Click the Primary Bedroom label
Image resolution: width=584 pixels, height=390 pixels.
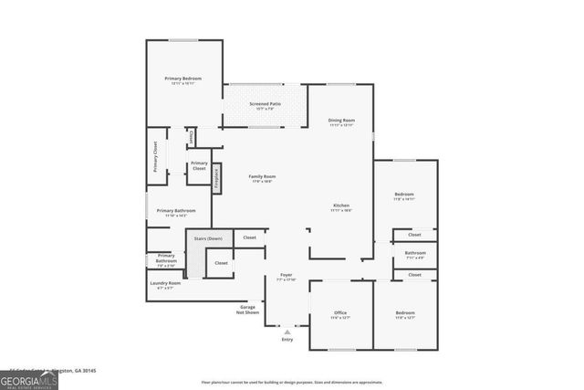point(183,79)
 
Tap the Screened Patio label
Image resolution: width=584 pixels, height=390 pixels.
point(265,105)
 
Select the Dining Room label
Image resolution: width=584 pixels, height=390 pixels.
point(341,121)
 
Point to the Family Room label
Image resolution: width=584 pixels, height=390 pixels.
point(263,177)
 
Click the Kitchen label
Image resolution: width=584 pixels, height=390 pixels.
point(341,206)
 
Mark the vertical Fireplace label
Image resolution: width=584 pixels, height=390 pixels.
point(216,178)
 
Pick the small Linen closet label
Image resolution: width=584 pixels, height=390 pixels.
point(191,137)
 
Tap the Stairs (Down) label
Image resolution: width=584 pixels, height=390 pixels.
point(208,238)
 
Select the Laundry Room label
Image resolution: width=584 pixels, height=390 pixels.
point(165,284)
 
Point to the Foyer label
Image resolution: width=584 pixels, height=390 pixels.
point(286,275)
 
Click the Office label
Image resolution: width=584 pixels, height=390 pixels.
point(340,313)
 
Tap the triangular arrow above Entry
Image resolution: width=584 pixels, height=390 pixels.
point(287,331)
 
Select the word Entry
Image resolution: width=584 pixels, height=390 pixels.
point(287,339)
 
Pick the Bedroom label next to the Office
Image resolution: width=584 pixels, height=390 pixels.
point(405,313)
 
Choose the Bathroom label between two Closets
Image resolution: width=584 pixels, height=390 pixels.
point(415,253)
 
